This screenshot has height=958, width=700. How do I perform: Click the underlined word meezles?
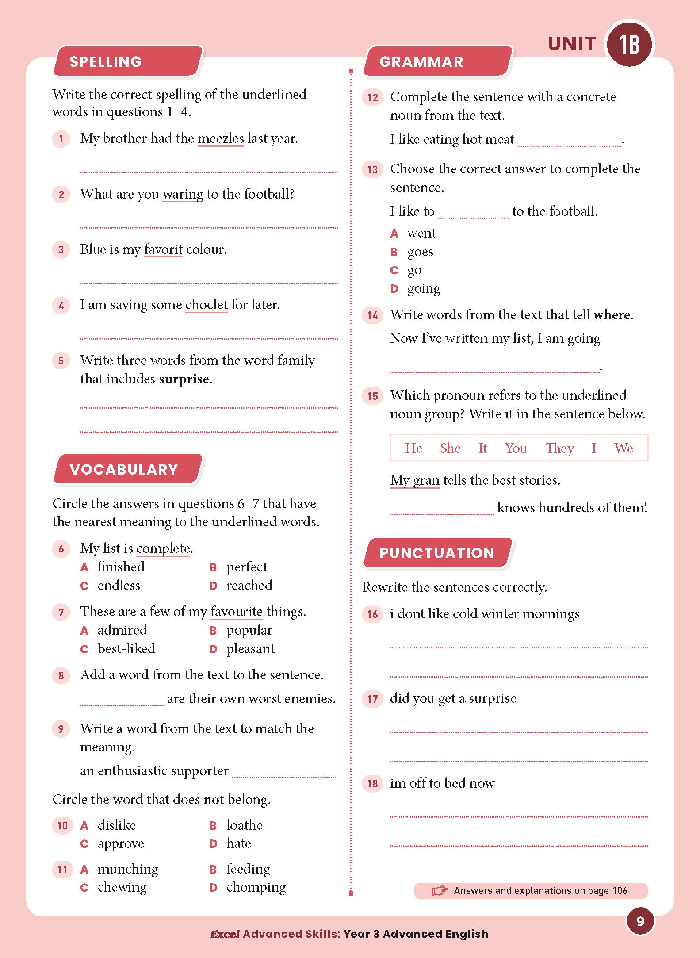[220, 138]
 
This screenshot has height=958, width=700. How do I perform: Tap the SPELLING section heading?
[106, 62]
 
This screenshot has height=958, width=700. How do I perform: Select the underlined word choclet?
[206, 305]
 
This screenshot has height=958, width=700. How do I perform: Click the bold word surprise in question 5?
[184, 379]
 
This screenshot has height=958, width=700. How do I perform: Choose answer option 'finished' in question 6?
[121, 567]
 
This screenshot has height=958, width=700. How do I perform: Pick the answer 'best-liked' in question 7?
[126, 649]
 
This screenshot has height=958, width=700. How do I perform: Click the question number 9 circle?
[61, 729]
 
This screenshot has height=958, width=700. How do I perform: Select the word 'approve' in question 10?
[120, 844]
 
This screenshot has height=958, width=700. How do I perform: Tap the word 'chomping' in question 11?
[256, 887]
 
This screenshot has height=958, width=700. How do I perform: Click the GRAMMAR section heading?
[421, 62]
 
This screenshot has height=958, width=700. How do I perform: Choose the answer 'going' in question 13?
[423, 289]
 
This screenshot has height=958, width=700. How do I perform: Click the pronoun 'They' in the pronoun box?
[559, 448]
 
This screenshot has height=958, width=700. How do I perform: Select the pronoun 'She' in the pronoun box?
[450, 448]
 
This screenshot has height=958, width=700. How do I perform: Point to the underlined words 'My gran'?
[414, 480]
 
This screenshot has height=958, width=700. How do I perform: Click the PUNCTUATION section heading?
[436, 553]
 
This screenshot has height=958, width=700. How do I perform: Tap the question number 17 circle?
[372, 699]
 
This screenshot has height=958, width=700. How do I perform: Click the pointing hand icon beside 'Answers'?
[440, 890]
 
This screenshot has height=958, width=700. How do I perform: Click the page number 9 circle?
[640, 921]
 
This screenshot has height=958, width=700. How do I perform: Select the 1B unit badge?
[629, 44]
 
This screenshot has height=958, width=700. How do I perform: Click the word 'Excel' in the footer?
[225, 934]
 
